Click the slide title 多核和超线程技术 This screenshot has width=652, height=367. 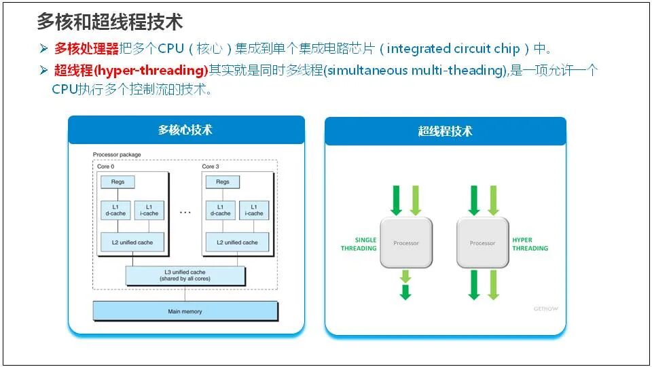(109, 22)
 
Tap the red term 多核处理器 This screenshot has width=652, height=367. (86, 49)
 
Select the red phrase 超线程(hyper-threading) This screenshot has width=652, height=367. (130, 71)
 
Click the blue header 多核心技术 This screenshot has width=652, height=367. (185, 130)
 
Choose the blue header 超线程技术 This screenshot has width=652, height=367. (445, 131)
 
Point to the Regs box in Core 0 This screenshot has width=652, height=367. (117, 182)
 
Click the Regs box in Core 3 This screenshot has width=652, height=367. (223, 182)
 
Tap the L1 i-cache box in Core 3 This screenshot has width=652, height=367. (254, 210)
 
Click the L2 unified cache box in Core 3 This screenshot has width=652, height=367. (237, 242)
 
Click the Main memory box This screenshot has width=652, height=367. (185, 311)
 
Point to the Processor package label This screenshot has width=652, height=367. (117, 155)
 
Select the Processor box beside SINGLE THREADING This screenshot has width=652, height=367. (406, 243)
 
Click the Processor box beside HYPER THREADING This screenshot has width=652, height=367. (483, 243)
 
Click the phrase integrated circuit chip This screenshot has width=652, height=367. (453, 49)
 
